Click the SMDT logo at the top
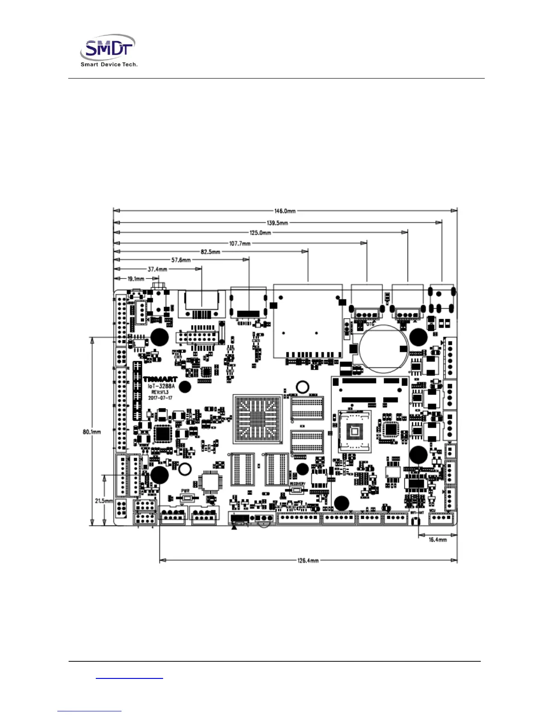point(108,47)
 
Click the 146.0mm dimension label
point(285,211)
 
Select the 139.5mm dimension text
point(277,223)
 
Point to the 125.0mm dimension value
point(260,233)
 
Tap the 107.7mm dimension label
point(239,244)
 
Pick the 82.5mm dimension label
point(211,252)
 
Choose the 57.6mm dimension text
point(181,260)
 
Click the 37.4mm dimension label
point(157,269)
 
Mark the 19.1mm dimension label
point(136,279)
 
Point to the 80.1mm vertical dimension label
point(92,432)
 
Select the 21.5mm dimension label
point(103,501)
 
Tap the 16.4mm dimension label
point(437,540)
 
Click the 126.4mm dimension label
point(308,561)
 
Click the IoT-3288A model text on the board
point(161,386)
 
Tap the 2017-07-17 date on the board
point(160,398)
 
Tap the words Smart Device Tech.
point(109,65)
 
